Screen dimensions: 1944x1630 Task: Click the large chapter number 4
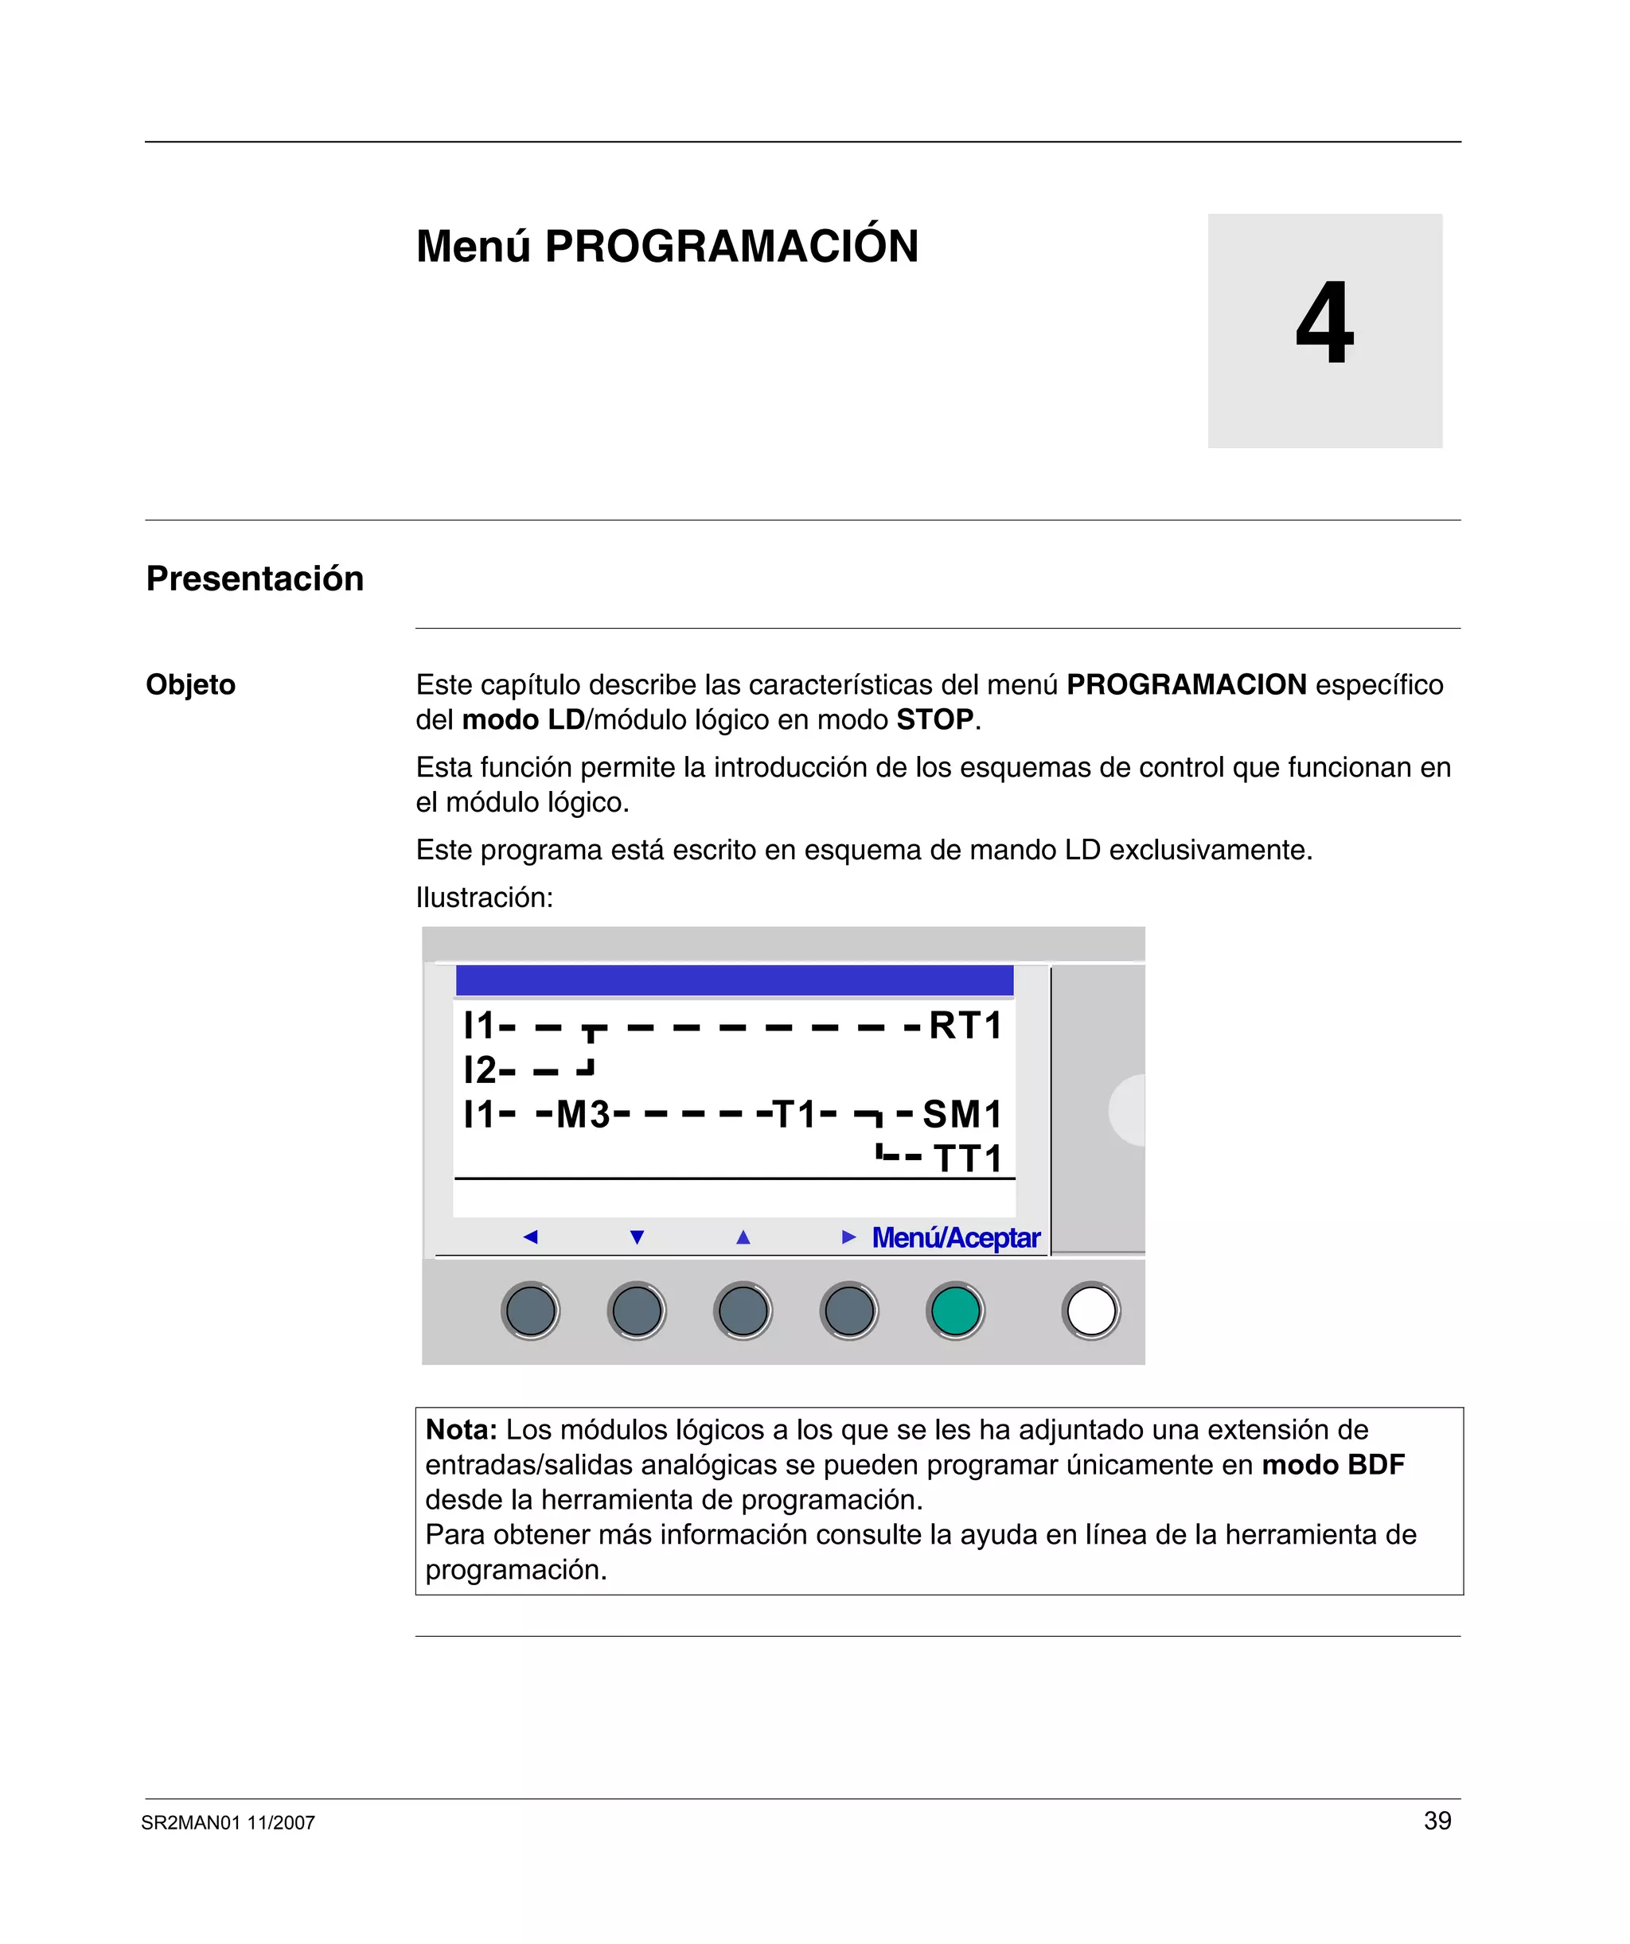click(x=1324, y=323)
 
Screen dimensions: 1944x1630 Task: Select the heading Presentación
click(x=255, y=579)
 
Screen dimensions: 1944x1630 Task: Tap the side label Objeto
click(x=191, y=685)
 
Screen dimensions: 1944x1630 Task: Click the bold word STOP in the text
click(x=934, y=720)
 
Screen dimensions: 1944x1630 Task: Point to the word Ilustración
click(x=483, y=897)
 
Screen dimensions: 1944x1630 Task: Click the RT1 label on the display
click(x=965, y=1026)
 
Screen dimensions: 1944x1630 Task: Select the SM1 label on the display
click(x=962, y=1115)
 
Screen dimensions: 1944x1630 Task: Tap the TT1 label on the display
click(x=968, y=1159)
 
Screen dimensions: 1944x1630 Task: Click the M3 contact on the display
click(x=583, y=1115)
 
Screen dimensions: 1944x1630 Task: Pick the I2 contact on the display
click(x=481, y=1070)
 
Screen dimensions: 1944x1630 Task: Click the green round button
click(x=955, y=1311)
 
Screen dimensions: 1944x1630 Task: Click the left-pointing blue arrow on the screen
click(x=531, y=1237)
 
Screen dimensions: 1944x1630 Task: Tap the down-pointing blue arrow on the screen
click(x=638, y=1237)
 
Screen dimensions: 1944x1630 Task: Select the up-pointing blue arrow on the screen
click(x=743, y=1237)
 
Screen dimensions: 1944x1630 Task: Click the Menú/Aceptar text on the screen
click(x=956, y=1237)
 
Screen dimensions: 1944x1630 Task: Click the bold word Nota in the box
click(x=460, y=1430)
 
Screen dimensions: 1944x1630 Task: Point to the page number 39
click(x=1437, y=1821)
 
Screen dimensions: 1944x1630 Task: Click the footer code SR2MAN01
click(x=191, y=1823)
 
